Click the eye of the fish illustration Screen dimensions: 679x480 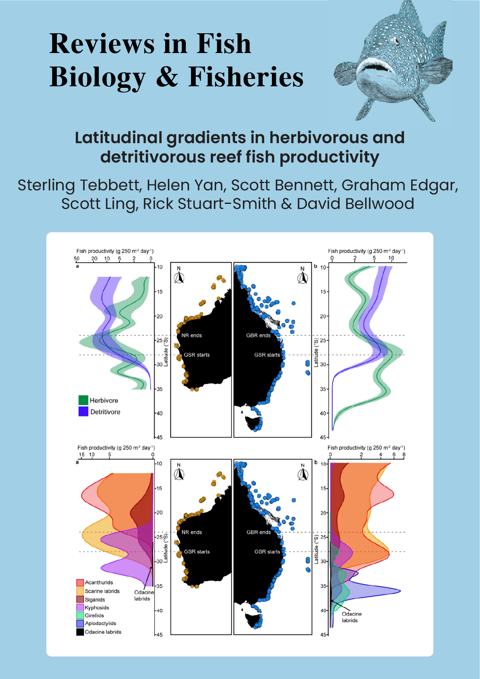pyautogui.click(x=396, y=40)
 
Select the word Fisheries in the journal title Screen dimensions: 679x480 pyautogui.click(x=246, y=77)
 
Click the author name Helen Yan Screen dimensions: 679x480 pyautogui.click(x=186, y=185)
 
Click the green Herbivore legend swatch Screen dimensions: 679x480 pyautogui.click(x=83, y=400)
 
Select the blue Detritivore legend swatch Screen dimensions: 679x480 pyautogui.click(x=83, y=412)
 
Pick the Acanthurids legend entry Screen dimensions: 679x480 pyautogui.click(x=99, y=582)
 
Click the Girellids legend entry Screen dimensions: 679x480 pyautogui.click(x=94, y=615)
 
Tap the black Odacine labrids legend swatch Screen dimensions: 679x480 pyautogui.click(x=80, y=632)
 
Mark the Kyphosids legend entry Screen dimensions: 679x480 pyautogui.click(x=97, y=607)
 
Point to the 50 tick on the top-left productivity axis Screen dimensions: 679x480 pyautogui.click(x=77, y=259)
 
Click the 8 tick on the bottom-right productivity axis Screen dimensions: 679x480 pyautogui.click(x=404, y=455)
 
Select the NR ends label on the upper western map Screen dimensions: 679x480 pyautogui.click(x=191, y=335)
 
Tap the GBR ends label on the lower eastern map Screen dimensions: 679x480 pyautogui.click(x=258, y=532)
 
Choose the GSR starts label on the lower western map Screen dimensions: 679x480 pyautogui.click(x=196, y=552)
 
